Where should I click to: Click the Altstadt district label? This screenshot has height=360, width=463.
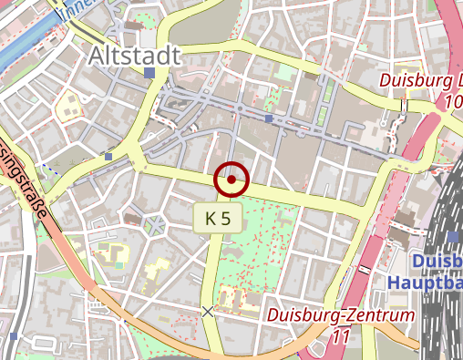click(x=134, y=57)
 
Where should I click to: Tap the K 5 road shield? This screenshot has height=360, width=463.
click(x=217, y=218)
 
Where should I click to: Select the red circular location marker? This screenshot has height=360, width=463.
click(x=231, y=180)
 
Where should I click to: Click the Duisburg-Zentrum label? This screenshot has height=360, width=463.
click(x=342, y=315)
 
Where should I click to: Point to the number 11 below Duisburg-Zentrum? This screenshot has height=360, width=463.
click(x=342, y=336)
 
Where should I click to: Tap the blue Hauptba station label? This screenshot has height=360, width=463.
click(x=425, y=283)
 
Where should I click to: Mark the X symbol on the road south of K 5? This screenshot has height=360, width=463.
click(x=208, y=312)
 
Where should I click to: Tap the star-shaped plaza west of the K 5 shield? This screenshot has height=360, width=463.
click(x=154, y=224)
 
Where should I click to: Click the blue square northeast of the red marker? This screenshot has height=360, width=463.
click(x=269, y=118)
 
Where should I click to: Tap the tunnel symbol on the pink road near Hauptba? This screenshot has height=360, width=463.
click(x=365, y=270)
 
